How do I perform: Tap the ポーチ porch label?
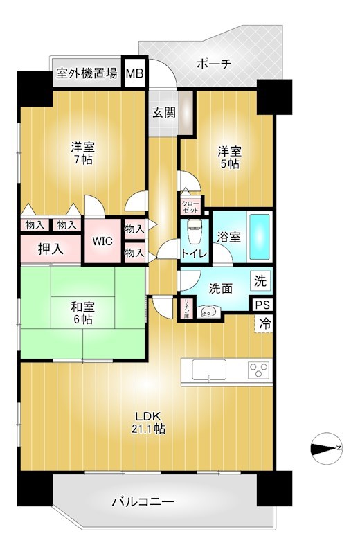[214, 64]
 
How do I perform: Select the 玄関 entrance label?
[164, 112]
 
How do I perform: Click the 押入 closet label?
[51, 249]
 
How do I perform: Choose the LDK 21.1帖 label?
[150, 422]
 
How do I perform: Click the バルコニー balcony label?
[143, 501]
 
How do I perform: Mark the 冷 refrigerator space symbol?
[264, 322]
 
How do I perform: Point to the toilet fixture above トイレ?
[194, 229]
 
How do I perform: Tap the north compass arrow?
[326, 448]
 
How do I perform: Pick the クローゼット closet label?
[190, 206]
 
